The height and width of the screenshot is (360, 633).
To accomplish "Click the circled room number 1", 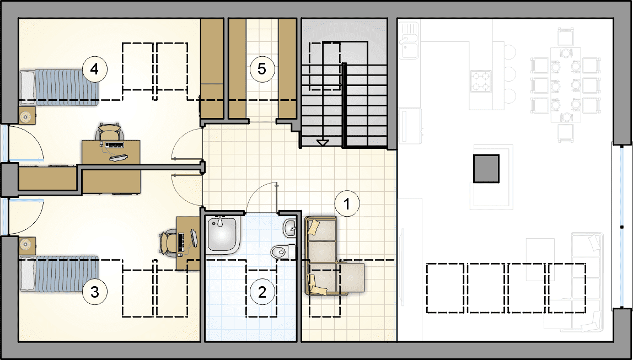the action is (x=347, y=203).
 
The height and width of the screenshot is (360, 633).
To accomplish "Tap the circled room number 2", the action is (x=262, y=292).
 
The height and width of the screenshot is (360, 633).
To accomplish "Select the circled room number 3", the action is (x=95, y=292).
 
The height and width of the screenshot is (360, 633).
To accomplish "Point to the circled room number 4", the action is (x=95, y=69).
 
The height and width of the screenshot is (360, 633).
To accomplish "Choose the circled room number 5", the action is (x=262, y=69).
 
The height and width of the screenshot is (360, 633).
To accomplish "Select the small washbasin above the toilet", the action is (x=289, y=228).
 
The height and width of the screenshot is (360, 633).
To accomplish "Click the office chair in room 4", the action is (x=110, y=132).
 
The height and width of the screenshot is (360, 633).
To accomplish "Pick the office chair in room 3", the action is (x=168, y=243).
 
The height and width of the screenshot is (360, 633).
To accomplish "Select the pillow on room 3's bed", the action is (x=28, y=273).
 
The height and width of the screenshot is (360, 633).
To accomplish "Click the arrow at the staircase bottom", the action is (x=323, y=142).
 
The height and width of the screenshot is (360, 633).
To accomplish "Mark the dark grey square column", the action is (x=486, y=168).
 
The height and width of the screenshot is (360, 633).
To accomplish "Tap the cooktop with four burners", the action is (x=480, y=81).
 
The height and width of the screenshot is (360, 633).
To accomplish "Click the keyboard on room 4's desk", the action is (x=114, y=144).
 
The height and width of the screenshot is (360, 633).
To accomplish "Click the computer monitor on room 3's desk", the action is (x=194, y=238).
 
